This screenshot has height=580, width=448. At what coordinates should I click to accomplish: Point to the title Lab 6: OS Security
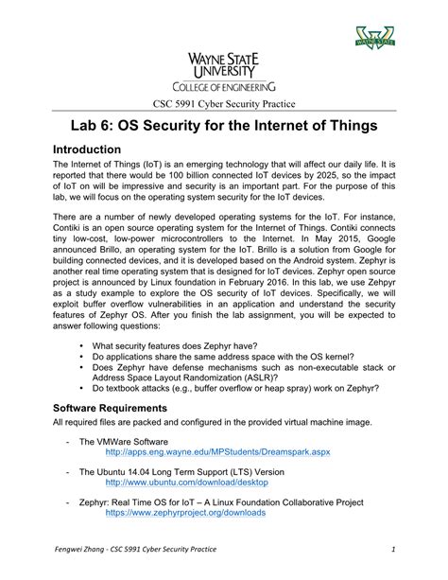click(x=223, y=127)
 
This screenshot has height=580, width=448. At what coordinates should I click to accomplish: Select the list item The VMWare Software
click(x=124, y=441)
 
